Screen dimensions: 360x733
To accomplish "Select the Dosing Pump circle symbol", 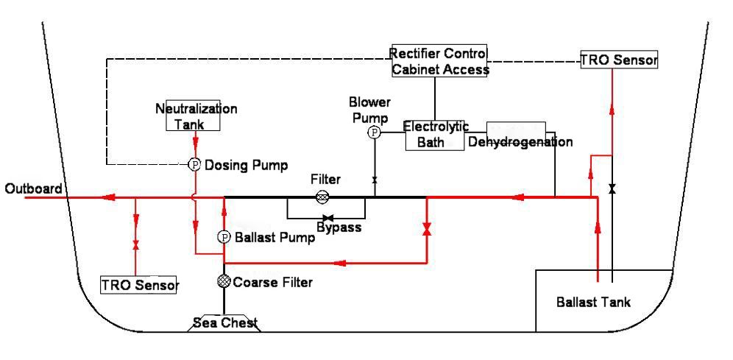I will (x=195, y=165).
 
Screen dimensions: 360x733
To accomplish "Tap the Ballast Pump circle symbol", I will (x=224, y=237).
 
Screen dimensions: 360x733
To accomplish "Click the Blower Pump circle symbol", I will (x=375, y=132).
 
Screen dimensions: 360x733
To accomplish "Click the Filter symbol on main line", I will (x=322, y=197).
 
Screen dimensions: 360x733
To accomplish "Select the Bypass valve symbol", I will (x=328, y=218).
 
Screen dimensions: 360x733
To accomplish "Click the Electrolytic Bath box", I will (x=436, y=135).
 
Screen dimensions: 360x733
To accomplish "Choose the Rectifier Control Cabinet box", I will (x=439, y=62).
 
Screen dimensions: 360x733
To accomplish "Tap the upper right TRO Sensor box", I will (x=617, y=60).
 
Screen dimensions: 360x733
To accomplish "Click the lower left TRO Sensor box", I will (x=139, y=284).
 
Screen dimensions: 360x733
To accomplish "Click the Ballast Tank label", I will (x=593, y=302).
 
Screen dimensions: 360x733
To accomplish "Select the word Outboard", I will (x=33, y=189).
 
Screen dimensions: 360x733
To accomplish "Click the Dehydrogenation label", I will (x=520, y=141).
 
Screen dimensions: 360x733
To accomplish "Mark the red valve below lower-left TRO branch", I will (x=135, y=244).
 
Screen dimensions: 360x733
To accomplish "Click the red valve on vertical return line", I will (x=427, y=230).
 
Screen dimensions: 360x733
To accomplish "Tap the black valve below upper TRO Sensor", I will (x=612, y=190).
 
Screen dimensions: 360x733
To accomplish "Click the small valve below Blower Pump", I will (x=375, y=180).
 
